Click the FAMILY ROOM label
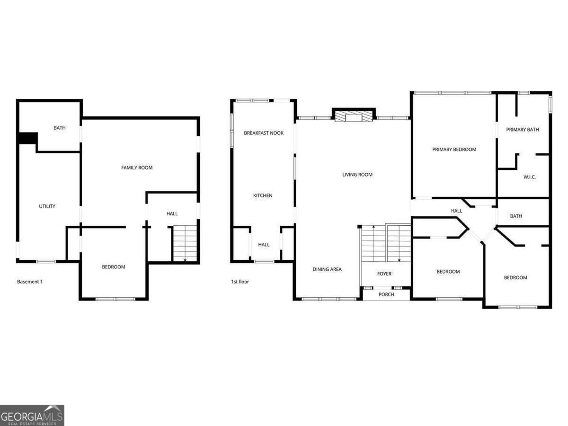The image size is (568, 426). click(137, 168)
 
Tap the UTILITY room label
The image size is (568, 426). click(47, 206)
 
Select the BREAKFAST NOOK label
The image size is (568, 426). click(264, 133)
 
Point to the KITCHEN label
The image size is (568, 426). click(263, 195)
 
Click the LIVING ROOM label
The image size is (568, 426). click(357, 175)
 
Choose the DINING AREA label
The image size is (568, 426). click(327, 269)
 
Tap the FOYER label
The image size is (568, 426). click(384, 274)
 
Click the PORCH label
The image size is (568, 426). click(386, 294)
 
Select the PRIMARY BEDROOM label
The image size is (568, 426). click(454, 149)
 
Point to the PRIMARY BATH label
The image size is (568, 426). click(523, 130)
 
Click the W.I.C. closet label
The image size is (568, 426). click(530, 177)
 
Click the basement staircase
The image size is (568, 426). click(185, 243)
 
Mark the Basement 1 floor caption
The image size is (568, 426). click(30, 282)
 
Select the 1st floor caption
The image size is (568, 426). click(240, 282)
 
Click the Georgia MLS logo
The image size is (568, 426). click(32, 415)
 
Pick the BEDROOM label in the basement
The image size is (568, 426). click(113, 267)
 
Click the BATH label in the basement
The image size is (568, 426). click(60, 128)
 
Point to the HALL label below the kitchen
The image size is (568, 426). click(264, 245)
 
